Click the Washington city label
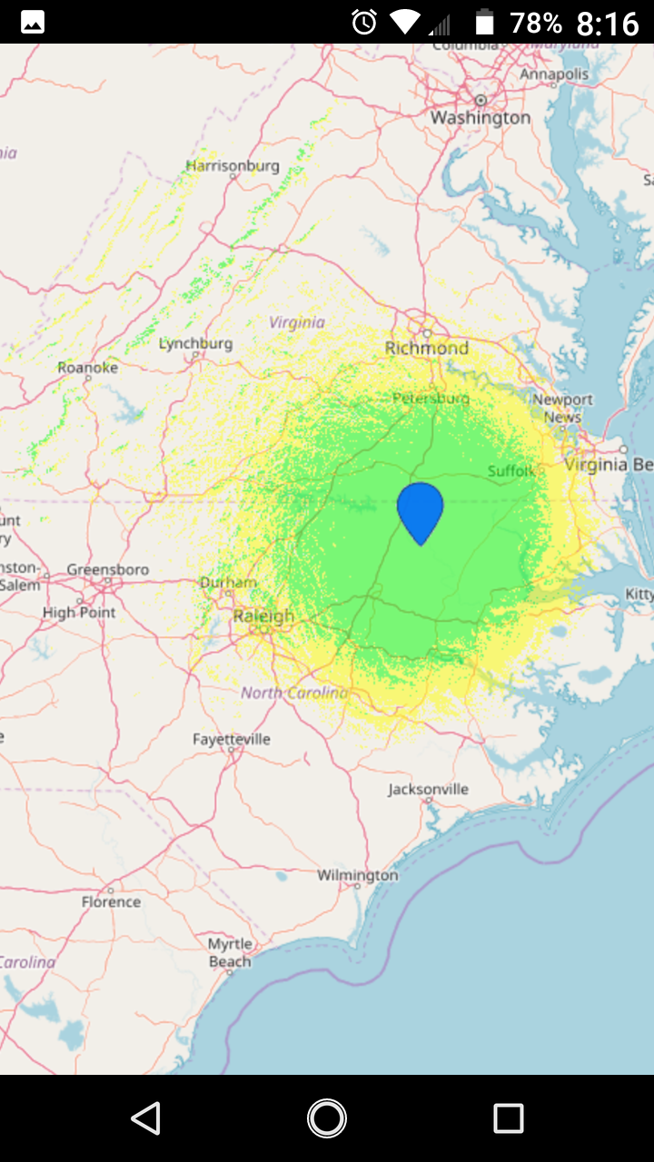(481, 118)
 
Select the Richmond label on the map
(427, 349)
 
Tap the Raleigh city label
(263, 616)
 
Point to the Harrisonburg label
(233, 166)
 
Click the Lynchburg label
(195, 344)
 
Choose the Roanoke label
(87, 368)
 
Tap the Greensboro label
(107, 570)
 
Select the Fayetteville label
(232, 739)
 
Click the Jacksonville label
(429, 789)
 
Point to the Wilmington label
(358, 875)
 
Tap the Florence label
(111, 901)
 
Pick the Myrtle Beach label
(230, 953)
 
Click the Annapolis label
(554, 74)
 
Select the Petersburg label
(431, 399)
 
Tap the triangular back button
(145, 1118)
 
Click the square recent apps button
(508, 1118)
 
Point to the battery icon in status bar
(484, 22)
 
